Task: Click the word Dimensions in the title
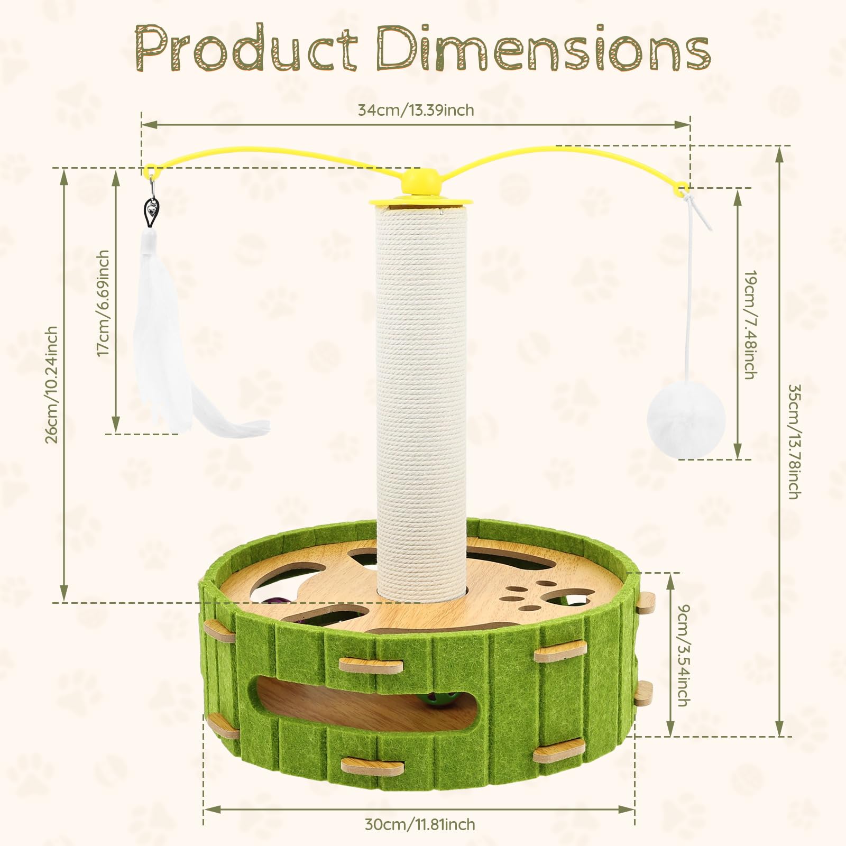(543, 49)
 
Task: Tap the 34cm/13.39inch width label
(416, 110)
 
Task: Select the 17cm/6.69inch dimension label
(103, 304)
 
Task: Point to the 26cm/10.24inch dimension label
(51, 385)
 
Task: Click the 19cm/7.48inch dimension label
(750, 325)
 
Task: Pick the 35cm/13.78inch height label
(794, 442)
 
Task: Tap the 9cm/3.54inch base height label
(684, 656)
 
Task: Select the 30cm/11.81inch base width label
(420, 824)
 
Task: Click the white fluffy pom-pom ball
(686, 420)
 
